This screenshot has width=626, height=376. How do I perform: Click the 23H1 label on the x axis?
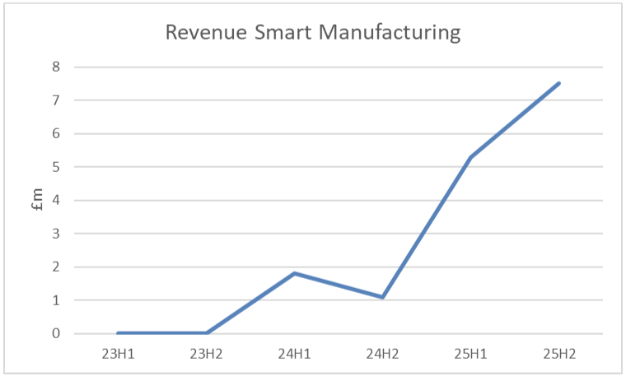pyautogui.click(x=118, y=355)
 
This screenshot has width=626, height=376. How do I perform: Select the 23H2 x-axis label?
pyautogui.click(x=206, y=355)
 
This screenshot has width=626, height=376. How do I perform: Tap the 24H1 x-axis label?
pyautogui.click(x=294, y=355)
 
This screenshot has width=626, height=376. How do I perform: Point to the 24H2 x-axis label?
pyautogui.click(x=383, y=355)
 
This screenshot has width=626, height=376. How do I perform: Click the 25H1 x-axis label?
pyautogui.click(x=471, y=355)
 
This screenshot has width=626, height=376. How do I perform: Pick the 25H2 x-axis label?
pyautogui.click(x=559, y=355)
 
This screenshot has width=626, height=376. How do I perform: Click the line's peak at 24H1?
pyautogui.click(x=294, y=273)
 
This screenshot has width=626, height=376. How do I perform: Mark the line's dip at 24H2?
pyautogui.click(x=383, y=297)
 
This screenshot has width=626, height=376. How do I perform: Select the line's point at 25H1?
pyautogui.click(x=471, y=157)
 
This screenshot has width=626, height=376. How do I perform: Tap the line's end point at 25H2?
pyautogui.click(x=559, y=83)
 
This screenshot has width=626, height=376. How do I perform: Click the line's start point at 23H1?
pyautogui.click(x=118, y=333)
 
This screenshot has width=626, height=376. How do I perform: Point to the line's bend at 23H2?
pyautogui.click(x=206, y=333)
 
